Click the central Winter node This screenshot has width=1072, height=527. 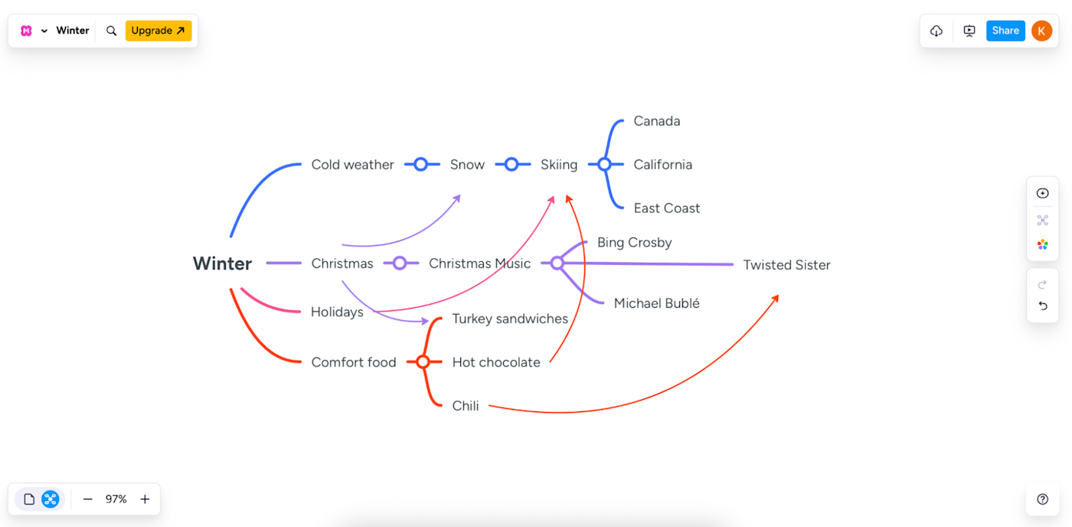(222, 263)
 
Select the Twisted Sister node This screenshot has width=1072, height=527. (786, 265)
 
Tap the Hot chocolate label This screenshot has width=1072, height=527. (496, 362)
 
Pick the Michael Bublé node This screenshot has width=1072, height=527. (656, 303)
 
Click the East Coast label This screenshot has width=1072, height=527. (666, 208)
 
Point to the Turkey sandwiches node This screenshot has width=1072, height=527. (510, 319)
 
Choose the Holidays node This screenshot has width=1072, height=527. (337, 312)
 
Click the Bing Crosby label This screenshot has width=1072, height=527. (634, 243)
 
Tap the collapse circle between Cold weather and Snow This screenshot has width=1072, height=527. (420, 164)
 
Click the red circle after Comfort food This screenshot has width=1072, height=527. (423, 362)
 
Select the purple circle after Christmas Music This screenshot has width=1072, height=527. (557, 263)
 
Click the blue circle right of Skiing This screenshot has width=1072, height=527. (604, 164)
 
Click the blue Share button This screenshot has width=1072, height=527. (1005, 31)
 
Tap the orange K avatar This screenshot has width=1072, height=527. (1041, 31)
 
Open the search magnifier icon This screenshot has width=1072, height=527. (111, 31)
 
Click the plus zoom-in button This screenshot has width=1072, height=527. (145, 499)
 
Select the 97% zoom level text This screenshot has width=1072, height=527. (116, 499)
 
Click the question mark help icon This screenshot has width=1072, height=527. (1042, 499)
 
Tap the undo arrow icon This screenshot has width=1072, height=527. (1042, 306)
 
